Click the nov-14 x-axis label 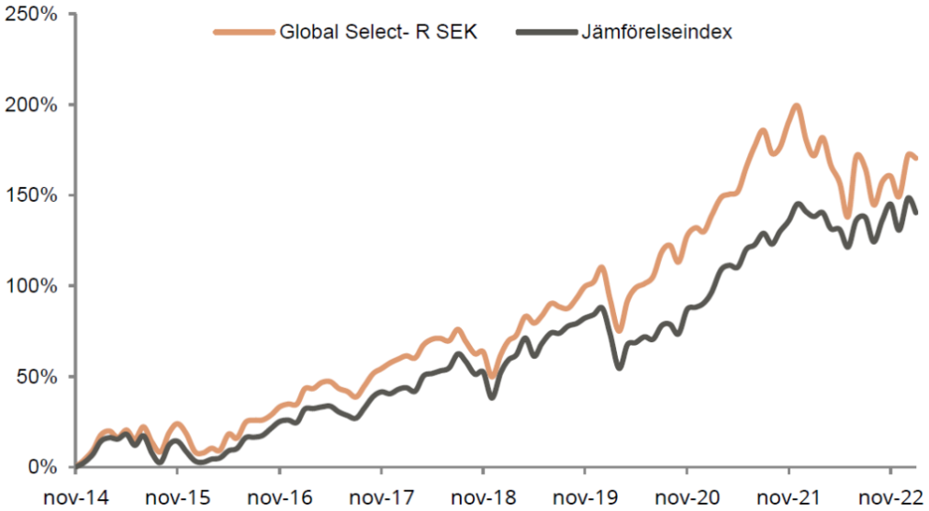click(x=76, y=496)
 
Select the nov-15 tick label click(x=178, y=496)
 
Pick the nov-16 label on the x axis click(x=280, y=496)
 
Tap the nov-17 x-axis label click(x=382, y=496)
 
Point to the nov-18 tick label click(x=484, y=496)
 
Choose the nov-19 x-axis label click(x=586, y=496)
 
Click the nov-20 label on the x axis click(x=688, y=496)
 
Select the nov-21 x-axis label click(x=789, y=496)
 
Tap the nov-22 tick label click(x=890, y=496)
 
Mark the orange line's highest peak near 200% click(x=796, y=106)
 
